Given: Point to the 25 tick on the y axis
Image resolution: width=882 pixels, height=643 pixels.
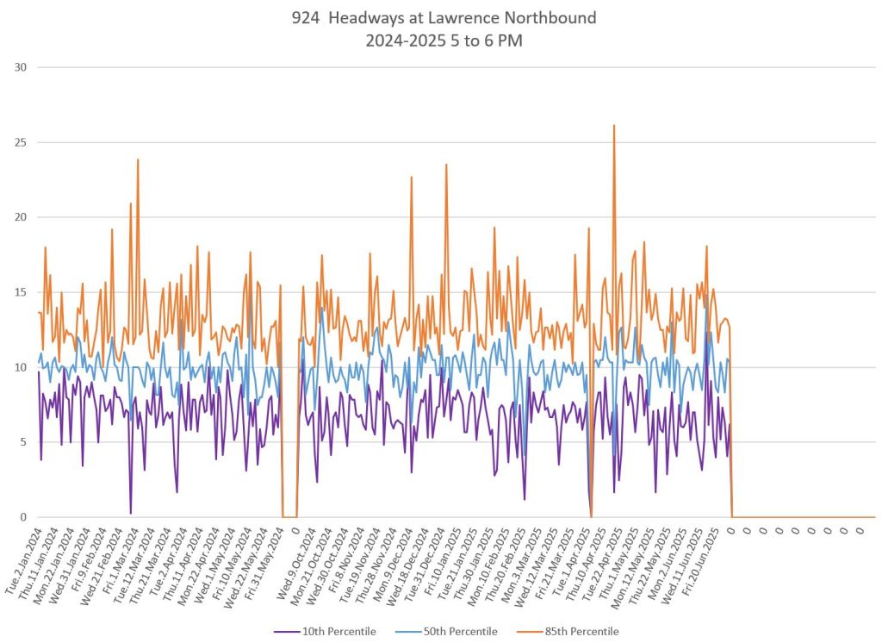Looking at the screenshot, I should coord(22,142).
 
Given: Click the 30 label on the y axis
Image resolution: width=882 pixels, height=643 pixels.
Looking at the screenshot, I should coord(22,67).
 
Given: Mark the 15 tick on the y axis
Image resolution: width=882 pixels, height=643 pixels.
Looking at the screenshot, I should coord(22,292).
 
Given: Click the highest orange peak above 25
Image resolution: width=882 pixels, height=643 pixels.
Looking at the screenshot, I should coord(613,126).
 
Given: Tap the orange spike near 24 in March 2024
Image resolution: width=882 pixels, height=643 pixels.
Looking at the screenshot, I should coord(137,160).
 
